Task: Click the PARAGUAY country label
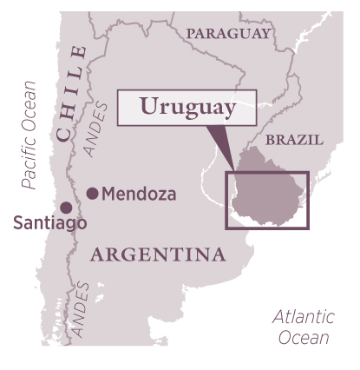click(229, 34)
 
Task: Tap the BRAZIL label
click(293, 139)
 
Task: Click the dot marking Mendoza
click(92, 194)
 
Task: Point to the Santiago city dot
click(66, 207)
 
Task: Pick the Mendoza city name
click(139, 194)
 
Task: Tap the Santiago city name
click(49, 224)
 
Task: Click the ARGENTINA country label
click(157, 254)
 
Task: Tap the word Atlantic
click(302, 317)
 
